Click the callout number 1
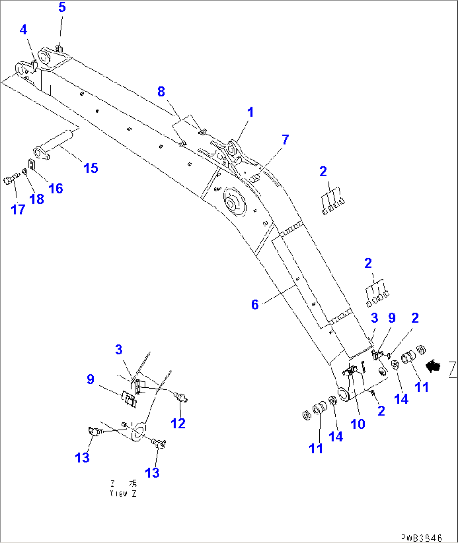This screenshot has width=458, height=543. [x=250, y=112]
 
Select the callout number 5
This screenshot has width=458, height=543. [x=62, y=8]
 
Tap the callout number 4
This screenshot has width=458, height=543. [x=23, y=30]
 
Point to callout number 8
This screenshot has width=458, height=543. [x=161, y=91]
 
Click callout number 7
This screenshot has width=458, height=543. [x=285, y=139]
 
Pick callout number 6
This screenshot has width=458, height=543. [x=255, y=305]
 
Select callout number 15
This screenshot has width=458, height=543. [x=91, y=168]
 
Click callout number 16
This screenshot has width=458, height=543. [x=56, y=188]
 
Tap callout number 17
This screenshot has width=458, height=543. [x=18, y=209]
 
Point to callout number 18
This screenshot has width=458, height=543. [x=37, y=199]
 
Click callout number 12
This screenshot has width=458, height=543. [x=178, y=423]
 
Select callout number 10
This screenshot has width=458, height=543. [x=358, y=424]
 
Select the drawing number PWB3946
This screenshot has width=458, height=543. [x=421, y=538]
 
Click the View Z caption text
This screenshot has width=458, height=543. [x=123, y=489]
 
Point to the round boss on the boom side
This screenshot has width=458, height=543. [x=232, y=203]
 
